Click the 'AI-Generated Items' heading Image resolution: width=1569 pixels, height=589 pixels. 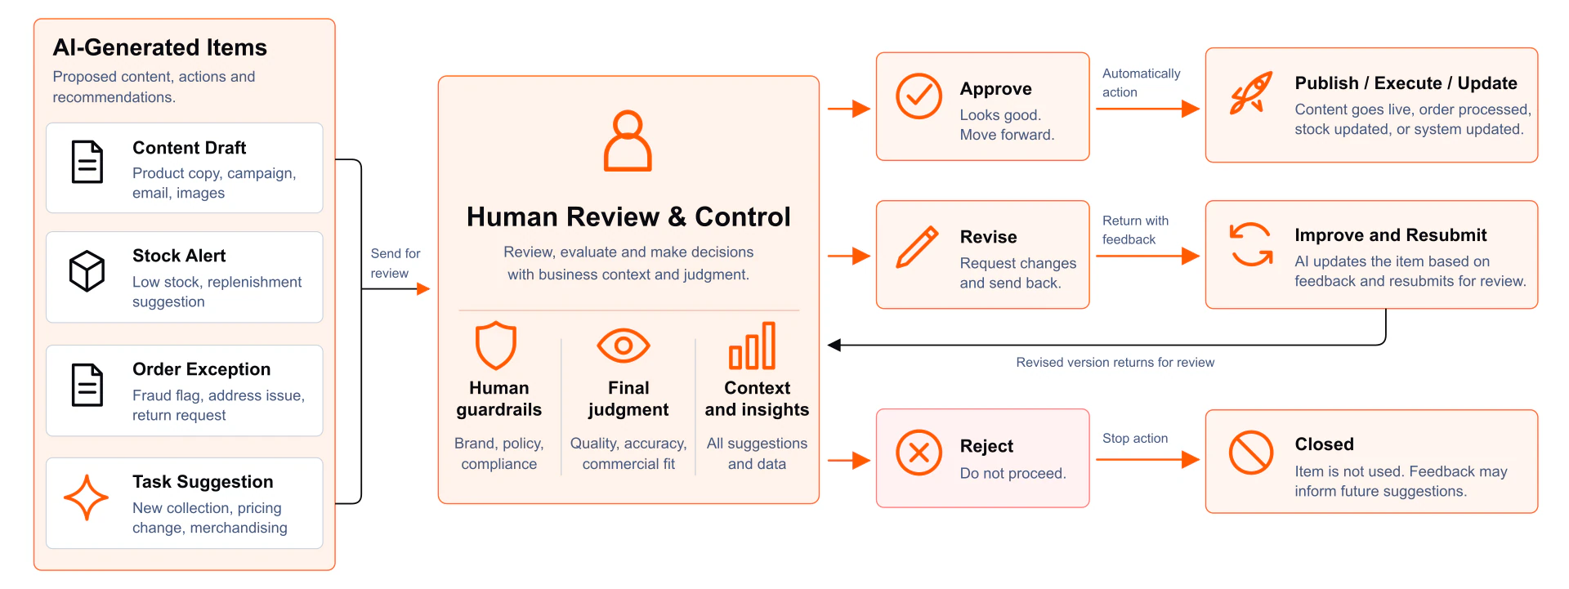160,47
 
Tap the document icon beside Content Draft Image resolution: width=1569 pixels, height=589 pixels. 87,162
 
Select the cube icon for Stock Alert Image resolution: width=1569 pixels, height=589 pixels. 87,270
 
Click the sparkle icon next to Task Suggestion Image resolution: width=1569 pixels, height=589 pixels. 86,498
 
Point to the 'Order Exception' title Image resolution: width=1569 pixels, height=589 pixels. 201,369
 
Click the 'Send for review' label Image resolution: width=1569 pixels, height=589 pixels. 396,263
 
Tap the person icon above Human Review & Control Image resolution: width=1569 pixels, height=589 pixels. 628,141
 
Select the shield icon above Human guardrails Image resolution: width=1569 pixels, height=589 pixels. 496,346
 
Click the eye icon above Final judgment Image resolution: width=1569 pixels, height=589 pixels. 624,346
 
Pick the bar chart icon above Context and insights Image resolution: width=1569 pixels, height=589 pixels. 752,346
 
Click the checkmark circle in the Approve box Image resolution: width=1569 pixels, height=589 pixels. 919,96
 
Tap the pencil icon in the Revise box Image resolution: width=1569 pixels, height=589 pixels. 917,247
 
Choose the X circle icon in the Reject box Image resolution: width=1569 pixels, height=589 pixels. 919,453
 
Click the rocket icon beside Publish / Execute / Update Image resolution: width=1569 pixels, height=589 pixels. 1251,93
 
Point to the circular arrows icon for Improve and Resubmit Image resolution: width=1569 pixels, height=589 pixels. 1251,244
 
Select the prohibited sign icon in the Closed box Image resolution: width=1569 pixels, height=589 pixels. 1251,453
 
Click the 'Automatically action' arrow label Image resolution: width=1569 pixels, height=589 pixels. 1141,83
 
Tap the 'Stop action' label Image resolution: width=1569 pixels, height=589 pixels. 1135,439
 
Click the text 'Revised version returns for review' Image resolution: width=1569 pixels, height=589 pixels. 1115,363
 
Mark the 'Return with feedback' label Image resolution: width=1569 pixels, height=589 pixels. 1135,230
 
